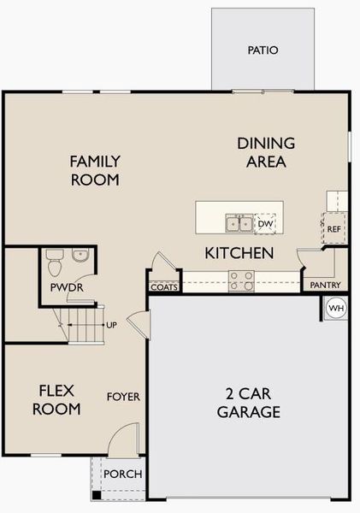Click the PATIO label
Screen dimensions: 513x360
click(263, 50)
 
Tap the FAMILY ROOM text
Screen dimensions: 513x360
click(95, 170)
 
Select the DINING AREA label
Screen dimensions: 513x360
click(266, 152)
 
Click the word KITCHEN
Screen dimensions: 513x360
click(239, 253)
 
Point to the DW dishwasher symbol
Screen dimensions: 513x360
click(266, 224)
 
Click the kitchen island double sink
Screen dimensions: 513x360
click(239, 224)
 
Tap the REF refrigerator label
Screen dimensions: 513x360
click(334, 229)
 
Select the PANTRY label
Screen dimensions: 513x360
click(325, 285)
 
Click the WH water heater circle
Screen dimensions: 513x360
click(336, 308)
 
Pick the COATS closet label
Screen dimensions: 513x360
click(164, 287)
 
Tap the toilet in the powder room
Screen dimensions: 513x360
click(55, 257)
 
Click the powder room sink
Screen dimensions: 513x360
click(80, 255)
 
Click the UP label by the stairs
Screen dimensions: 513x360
click(111, 325)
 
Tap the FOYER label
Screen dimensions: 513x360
click(123, 397)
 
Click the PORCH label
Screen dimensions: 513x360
click(122, 474)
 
